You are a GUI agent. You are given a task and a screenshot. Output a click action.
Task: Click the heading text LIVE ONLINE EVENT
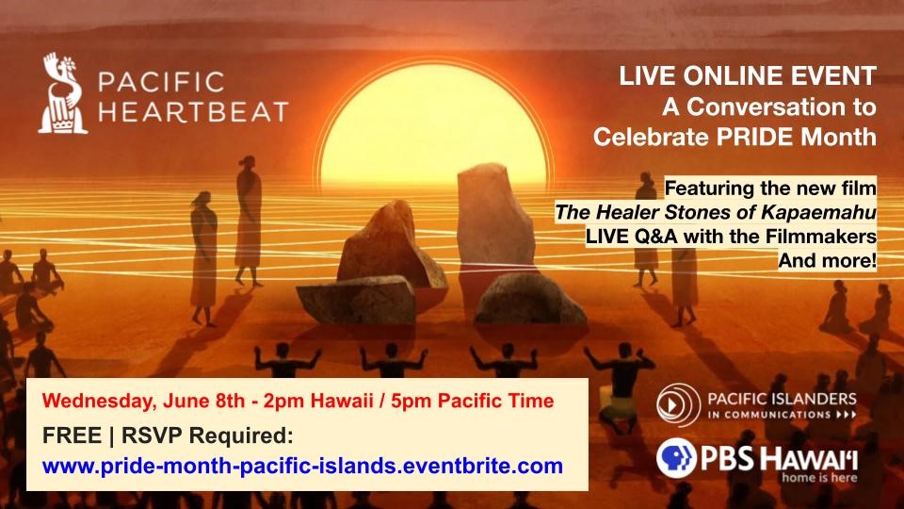pyautogui.click(x=747, y=76)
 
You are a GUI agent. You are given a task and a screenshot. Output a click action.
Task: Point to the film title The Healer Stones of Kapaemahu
pyautogui.click(x=716, y=212)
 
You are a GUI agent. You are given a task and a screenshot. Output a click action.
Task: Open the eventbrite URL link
pyautogui.click(x=302, y=465)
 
